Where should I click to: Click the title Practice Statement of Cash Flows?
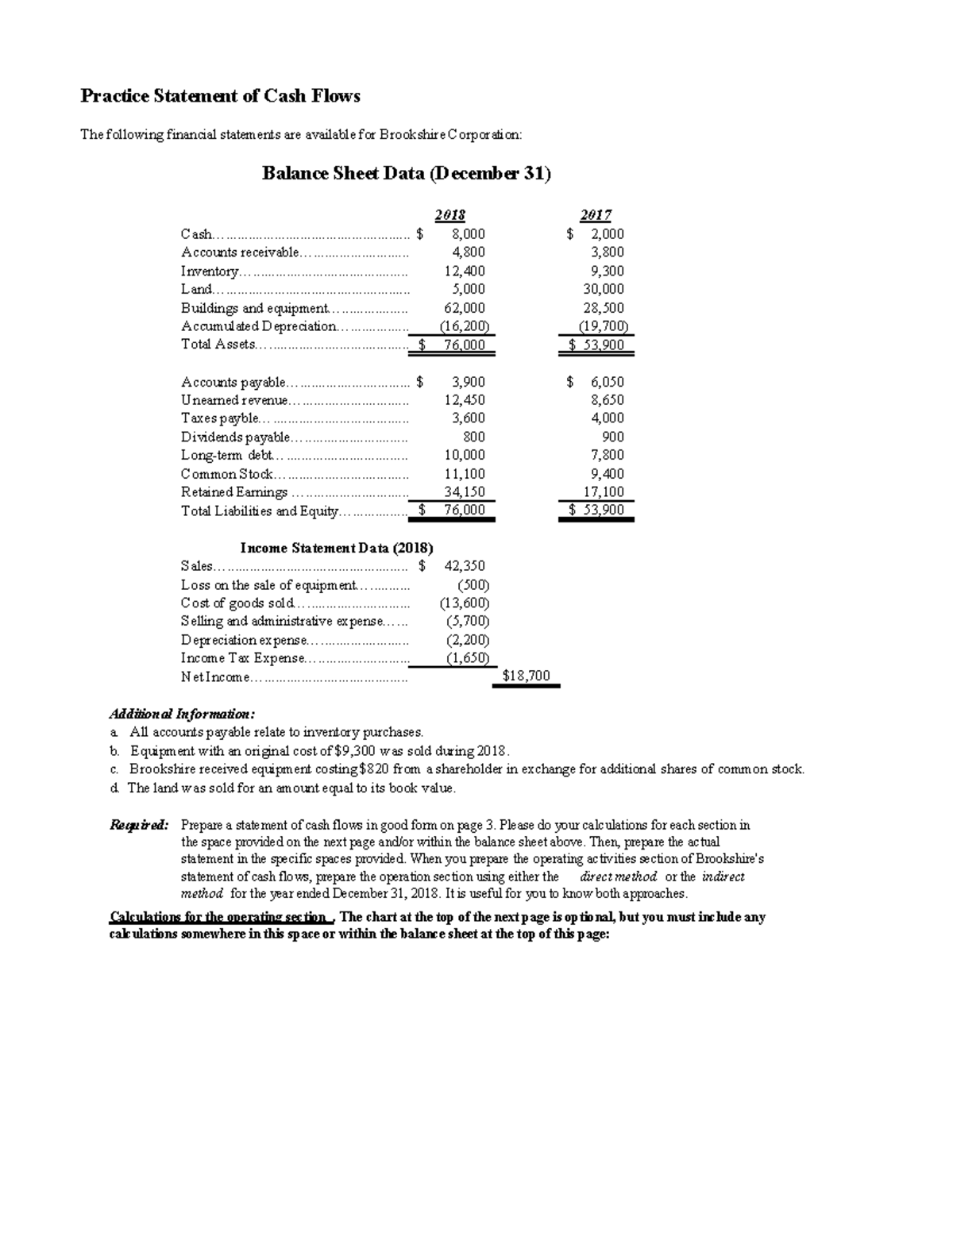[x=220, y=96]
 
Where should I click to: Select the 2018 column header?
[x=449, y=215]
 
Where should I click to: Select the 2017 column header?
[x=595, y=215]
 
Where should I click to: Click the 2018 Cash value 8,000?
[x=468, y=234]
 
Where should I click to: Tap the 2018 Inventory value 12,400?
[x=465, y=271]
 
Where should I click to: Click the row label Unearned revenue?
[x=234, y=400]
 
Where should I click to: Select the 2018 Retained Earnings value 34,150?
[x=465, y=492]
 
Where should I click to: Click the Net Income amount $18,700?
[x=526, y=676]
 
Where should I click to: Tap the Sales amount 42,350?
[x=465, y=566]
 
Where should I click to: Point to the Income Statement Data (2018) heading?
[x=337, y=548]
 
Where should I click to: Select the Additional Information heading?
[x=182, y=713]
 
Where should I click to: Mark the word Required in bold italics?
[x=138, y=825]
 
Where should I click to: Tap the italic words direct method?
[x=619, y=877]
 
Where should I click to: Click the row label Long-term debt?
[x=226, y=455]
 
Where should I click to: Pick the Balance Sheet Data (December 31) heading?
[x=406, y=174]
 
